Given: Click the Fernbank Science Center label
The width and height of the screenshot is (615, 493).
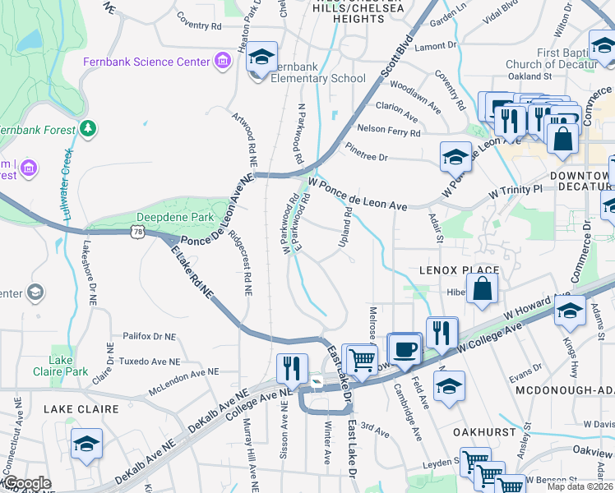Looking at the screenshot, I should [x=146, y=62].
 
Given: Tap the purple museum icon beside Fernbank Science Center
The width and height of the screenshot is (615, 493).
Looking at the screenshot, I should [x=221, y=60].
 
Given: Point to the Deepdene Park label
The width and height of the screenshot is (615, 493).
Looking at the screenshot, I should [x=178, y=218].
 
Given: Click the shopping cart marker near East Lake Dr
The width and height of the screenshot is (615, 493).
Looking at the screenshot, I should [x=361, y=358].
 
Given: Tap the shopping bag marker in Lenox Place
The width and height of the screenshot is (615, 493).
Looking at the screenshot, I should [x=483, y=289].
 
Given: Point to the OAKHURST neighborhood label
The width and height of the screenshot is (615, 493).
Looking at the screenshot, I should [x=484, y=431].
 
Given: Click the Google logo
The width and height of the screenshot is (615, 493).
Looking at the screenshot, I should [x=27, y=483].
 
